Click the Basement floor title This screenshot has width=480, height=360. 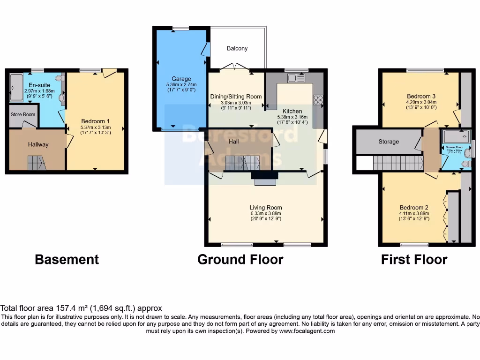[x=67, y=259]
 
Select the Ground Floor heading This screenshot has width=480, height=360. [x=240, y=259]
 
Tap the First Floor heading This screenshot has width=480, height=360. [x=414, y=259]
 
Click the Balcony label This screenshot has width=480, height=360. [x=237, y=48]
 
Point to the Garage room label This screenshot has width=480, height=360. [x=181, y=79]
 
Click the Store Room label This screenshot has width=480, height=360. [x=23, y=114]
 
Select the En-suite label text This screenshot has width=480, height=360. [x=39, y=85]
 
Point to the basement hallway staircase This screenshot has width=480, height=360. [x=37, y=163]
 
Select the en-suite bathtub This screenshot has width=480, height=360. [x=15, y=87]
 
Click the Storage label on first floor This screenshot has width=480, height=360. [x=389, y=142]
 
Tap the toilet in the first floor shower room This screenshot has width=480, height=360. [x=465, y=164]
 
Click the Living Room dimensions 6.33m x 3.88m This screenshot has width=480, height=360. [x=265, y=214]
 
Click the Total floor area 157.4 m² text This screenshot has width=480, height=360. [x=81, y=308]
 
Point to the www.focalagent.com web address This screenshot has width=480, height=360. [x=307, y=331]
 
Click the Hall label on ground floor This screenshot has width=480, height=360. [x=234, y=141]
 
